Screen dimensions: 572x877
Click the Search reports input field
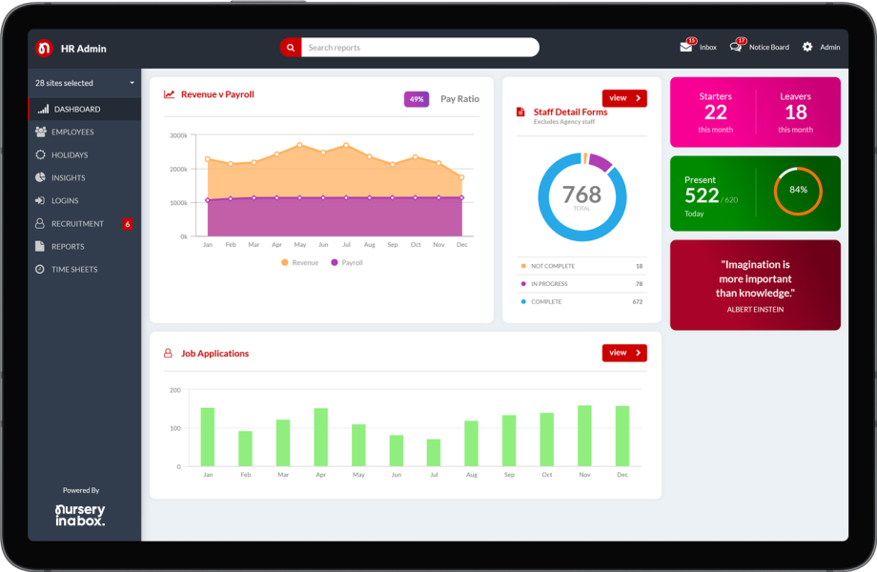pos(419,48)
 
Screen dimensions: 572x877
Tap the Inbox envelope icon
pos(686,47)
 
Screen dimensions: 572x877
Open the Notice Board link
pos(768,47)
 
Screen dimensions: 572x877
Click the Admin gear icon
pos(807,47)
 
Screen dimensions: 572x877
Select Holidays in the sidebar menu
pos(70,154)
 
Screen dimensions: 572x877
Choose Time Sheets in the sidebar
pos(74,269)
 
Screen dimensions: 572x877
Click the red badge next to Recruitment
pos(128,224)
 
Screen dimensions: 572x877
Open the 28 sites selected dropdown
pos(85,83)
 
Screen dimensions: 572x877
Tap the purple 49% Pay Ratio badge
pos(417,99)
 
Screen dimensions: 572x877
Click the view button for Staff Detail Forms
pos(624,98)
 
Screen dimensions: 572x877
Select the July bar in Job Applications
pos(434,452)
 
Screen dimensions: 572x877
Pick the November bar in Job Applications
pos(584,436)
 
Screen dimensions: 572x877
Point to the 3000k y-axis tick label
pos(178,135)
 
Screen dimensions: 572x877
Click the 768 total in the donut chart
pos(581,194)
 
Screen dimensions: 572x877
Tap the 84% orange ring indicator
pos(798,190)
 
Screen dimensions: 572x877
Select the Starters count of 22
pos(715,112)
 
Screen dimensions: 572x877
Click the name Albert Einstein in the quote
pos(755,309)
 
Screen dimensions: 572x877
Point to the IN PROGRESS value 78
pos(638,284)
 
